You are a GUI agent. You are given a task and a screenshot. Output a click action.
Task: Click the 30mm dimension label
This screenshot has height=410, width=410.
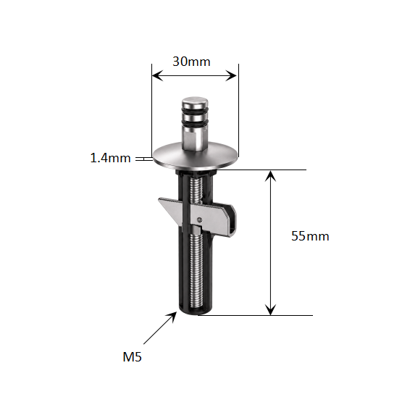[191, 62]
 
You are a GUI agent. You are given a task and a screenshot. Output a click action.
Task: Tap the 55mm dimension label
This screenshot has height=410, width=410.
[310, 236]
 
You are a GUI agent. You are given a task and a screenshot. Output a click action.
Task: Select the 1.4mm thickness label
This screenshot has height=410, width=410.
[110, 158]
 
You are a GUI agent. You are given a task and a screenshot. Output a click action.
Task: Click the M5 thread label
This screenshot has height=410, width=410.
[132, 356]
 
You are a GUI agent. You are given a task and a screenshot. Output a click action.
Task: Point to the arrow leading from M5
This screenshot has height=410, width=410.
[160, 328]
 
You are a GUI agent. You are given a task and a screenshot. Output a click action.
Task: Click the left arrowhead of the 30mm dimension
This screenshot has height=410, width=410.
[157, 75]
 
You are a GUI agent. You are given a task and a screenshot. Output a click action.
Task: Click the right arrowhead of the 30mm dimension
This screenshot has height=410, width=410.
[231, 75]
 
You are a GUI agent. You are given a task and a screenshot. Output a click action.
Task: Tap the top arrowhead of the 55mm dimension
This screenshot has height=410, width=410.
[270, 176]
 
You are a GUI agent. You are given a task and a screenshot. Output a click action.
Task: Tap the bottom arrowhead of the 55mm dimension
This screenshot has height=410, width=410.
[270, 309]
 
